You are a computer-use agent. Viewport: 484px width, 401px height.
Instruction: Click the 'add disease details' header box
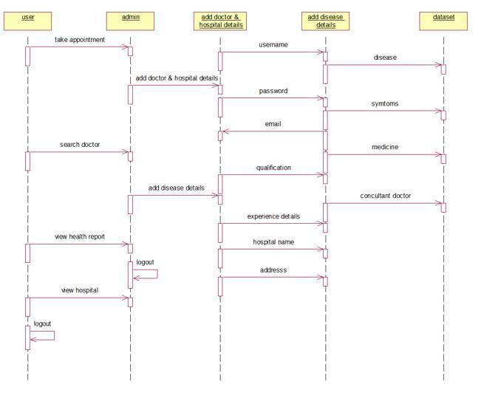tap(326, 21)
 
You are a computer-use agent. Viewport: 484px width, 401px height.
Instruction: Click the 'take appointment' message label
tap(80, 40)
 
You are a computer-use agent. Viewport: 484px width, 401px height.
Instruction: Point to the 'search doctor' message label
tap(80, 145)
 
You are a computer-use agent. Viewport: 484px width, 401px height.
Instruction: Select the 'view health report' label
tap(80, 237)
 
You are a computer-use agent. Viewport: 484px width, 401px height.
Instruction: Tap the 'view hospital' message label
tap(80, 291)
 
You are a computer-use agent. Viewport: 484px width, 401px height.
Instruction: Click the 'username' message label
tap(273, 45)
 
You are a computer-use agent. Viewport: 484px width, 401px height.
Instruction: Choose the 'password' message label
tap(273, 92)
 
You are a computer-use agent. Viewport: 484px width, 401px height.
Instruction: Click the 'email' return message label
tap(273, 124)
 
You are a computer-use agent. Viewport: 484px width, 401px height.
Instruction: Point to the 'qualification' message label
tap(273, 168)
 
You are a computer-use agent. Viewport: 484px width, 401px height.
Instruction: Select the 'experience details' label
tap(273, 216)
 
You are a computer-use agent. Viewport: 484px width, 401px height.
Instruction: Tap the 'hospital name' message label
tap(273, 242)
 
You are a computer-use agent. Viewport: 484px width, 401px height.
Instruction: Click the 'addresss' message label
tap(273, 270)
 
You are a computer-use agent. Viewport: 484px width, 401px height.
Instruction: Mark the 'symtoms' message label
tap(385, 104)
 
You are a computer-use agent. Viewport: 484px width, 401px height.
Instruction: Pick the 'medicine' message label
tap(385, 147)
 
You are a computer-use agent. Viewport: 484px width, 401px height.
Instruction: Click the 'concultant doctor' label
tap(386, 196)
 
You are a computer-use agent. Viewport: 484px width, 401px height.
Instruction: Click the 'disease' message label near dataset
tap(385, 58)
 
